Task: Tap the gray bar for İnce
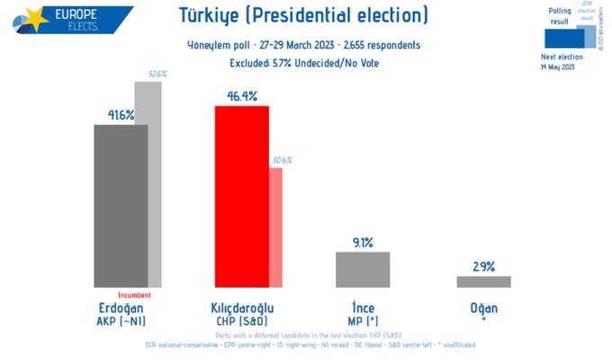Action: click(362, 269)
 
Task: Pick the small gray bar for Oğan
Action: click(483, 282)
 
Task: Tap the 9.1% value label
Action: click(362, 241)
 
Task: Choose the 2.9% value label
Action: click(483, 265)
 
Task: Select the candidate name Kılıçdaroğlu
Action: click(241, 307)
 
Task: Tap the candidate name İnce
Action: click(362, 307)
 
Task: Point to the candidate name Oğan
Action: click(483, 307)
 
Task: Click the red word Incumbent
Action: click(134, 295)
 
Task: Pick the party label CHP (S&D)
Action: click(241, 320)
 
